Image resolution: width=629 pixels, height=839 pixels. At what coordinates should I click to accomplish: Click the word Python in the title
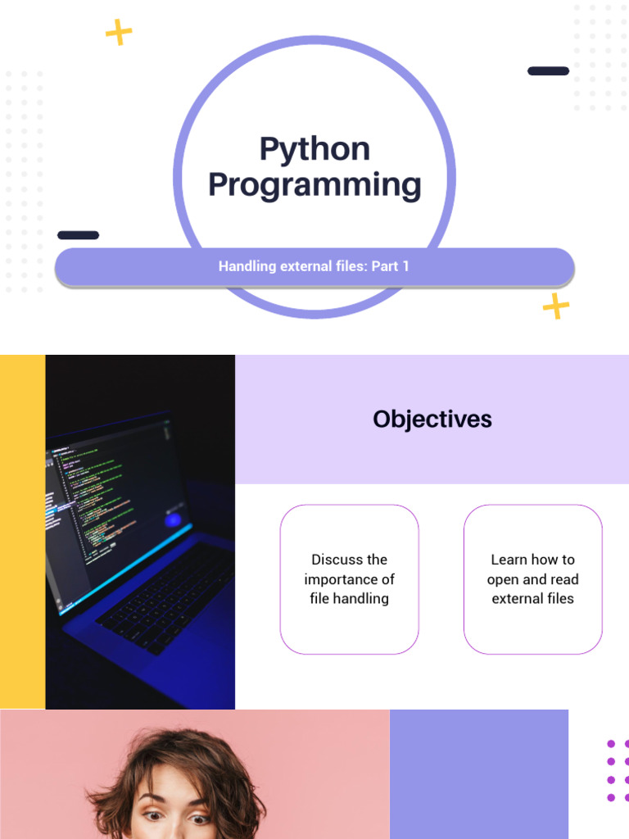[x=314, y=149]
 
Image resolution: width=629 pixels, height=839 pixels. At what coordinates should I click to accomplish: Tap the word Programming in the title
[x=314, y=185]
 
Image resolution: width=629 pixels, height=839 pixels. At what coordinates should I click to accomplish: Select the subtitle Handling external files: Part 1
[x=314, y=266]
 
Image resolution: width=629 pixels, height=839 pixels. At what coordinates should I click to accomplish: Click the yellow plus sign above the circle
[x=119, y=32]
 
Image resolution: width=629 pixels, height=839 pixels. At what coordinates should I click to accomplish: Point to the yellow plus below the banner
[x=556, y=306]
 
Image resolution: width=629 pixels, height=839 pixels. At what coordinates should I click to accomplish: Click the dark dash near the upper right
[x=548, y=71]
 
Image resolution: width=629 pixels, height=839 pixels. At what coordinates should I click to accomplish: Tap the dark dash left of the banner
[x=78, y=235]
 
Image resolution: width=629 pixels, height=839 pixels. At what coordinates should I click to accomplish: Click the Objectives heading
[x=432, y=419]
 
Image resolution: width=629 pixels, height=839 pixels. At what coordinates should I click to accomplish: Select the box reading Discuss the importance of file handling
[x=349, y=579]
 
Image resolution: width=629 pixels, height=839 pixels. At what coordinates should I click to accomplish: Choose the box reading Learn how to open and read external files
[x=532, y=579]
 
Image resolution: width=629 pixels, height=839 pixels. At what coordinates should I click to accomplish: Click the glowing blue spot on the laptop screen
[x=173, y=519]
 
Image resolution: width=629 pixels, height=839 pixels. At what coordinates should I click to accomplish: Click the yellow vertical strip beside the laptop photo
[x=22, y=532]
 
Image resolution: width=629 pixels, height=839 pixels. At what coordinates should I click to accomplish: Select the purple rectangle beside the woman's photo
[x=478, y=774]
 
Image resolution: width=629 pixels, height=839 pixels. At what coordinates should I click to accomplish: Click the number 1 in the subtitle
[x=406, y=266]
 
